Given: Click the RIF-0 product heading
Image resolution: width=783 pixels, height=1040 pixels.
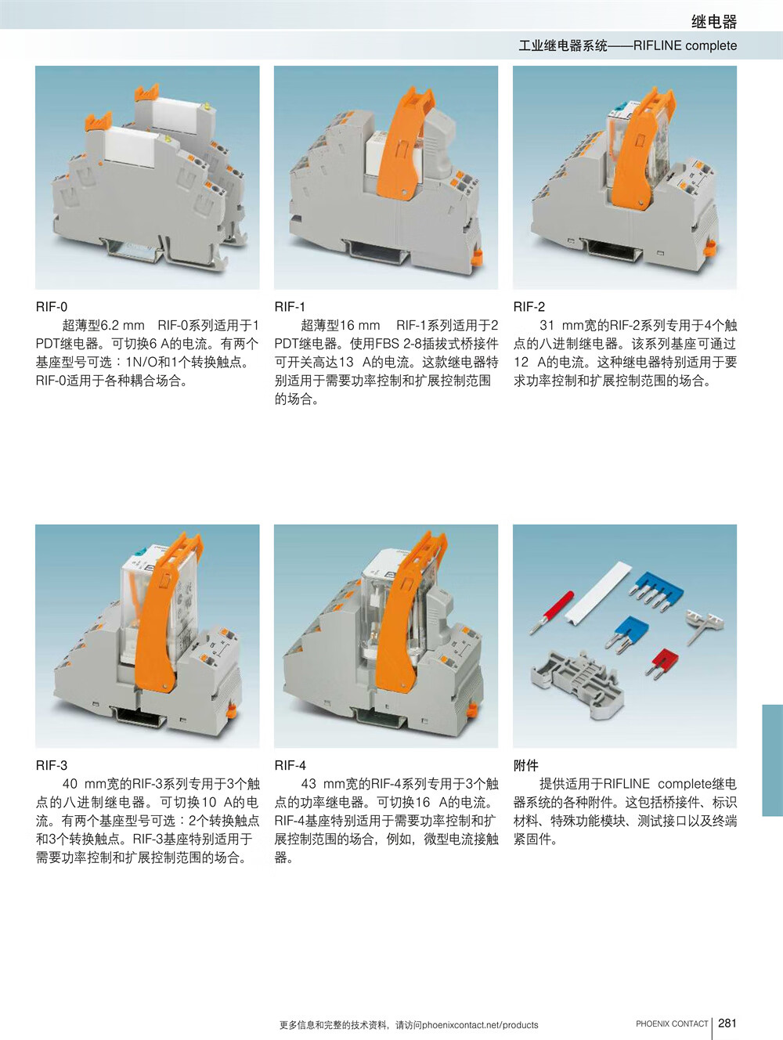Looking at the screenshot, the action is point(52,306).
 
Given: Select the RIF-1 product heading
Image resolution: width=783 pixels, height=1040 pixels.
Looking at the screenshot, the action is point(290,306).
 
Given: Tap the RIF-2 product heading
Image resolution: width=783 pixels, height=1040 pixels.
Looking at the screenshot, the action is point(529,306).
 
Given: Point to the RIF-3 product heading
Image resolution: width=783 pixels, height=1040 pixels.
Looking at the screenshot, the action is point(52,765).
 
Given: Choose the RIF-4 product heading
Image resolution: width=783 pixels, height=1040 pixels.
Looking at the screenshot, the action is point(290,765).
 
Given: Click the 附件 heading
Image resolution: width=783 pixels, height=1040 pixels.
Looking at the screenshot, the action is point(526,765).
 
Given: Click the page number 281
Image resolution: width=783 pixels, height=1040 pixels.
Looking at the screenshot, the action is point(727,1023).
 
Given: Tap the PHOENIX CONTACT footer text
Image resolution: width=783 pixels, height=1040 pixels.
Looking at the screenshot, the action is point(672,1024).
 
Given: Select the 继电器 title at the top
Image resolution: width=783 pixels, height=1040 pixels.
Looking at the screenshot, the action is point(714,22).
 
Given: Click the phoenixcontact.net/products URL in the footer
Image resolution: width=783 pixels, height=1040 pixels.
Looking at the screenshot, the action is point(480,1025).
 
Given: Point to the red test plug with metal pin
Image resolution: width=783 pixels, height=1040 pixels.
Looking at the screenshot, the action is point(552,612).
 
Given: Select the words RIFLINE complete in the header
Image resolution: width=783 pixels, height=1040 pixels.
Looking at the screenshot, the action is point(685,45).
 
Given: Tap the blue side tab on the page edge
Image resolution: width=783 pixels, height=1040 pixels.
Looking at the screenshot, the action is point(772,760).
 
